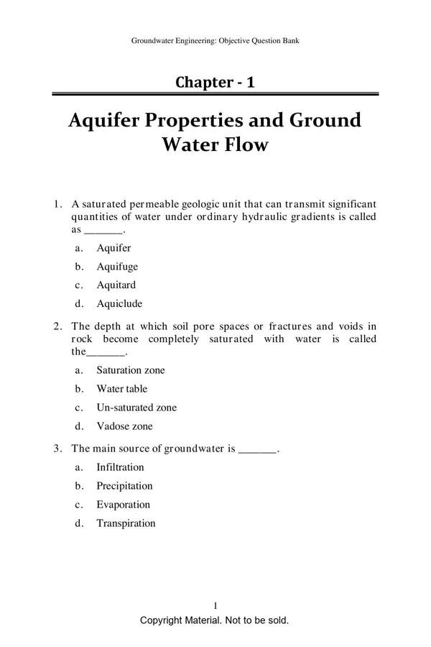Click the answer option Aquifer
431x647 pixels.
(x=113, y=248)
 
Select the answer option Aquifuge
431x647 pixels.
(x=117, y=267)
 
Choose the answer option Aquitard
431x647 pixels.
(x=116, y=285)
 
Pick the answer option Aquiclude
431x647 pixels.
(x=119, y=303)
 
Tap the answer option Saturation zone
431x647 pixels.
(x=130, y=370)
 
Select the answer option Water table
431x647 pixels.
(x=121, y=389)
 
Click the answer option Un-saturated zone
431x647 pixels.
(x=136, y=408)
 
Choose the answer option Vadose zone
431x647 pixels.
(x=124, y=426)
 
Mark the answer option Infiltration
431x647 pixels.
(x=120, y=467)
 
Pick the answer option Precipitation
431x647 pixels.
(x=124, y=486)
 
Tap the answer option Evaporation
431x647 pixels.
(x=123, y=505)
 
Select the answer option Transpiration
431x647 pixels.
(x=126, y=523)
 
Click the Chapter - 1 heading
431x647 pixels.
(x=215, y=82)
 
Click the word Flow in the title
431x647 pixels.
(x=246, y=144)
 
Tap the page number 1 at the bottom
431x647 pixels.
(x=215, y=606)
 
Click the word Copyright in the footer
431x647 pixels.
(x=162, y=620)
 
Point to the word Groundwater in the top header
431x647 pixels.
(x=153, y=41)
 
